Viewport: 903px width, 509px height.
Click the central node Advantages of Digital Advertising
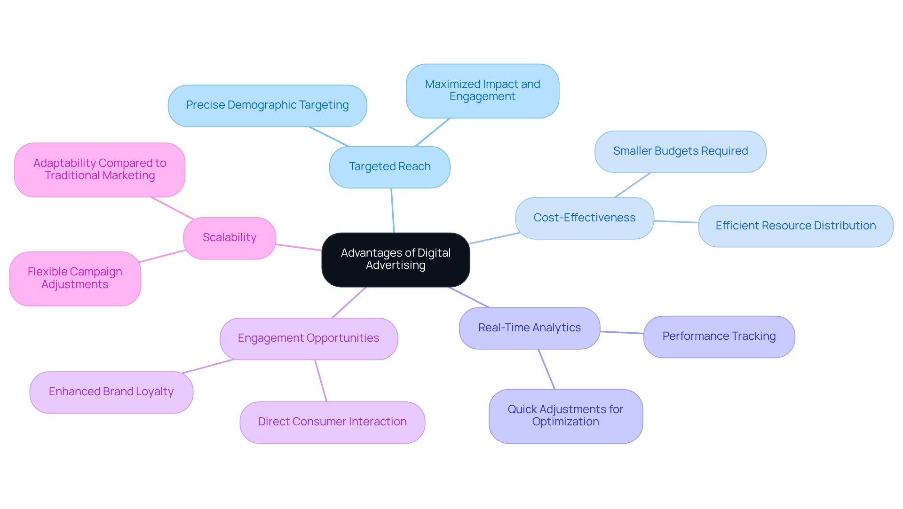point(396,259)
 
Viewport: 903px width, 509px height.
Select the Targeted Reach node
point(389,167)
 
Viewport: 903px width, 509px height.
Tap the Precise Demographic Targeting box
point(267,105)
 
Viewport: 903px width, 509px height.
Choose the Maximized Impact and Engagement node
point(482,91)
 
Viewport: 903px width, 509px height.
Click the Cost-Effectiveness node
point(584,218)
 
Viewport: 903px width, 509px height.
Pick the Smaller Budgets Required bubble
point(680,151)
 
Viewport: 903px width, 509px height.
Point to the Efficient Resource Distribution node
point(795,226)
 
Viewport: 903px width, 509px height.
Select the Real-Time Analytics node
point(529,328)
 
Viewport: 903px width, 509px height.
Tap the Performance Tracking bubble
point(719,337)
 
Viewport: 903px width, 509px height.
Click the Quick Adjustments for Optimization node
point(565,416)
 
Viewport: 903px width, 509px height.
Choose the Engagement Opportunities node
point(309,338)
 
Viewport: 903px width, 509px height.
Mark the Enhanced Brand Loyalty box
point(111,392)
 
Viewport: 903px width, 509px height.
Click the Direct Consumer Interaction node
point(332,422)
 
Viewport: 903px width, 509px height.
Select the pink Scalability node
point(230,238)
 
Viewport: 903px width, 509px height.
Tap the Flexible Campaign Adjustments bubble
point(75,279)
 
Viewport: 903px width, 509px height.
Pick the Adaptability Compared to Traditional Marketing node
point(100,170)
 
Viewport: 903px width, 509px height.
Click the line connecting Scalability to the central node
point(299,247)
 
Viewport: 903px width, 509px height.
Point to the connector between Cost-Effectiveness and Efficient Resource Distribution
point(676,222)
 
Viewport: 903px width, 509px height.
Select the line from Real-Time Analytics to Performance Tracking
point(622,332)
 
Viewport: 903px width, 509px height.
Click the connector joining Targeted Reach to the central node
point(392,210)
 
